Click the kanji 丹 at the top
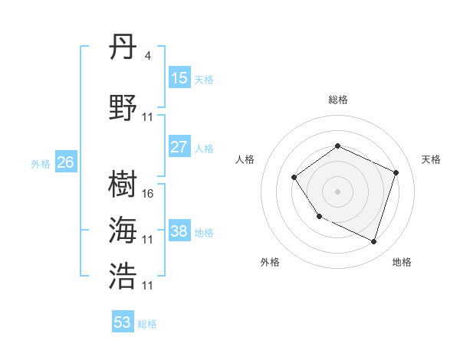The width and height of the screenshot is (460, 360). (x=123, y=48)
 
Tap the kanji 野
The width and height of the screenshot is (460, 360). (x=123, y=107)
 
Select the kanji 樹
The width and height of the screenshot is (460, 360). (x=123, y=184)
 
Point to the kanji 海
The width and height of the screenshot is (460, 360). (x=123, y=230)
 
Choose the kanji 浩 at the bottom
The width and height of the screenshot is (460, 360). (x=123, y=276)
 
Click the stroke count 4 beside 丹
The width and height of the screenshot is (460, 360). (x=147, y=55)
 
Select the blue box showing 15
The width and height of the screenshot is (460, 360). (x=179, y=78)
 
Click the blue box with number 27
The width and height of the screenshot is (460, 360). (x=179, y=147)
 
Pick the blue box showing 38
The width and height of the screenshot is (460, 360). (x=179, y=231)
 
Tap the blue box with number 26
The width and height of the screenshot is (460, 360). (x=66, y=162)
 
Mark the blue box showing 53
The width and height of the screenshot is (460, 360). (x=123, y=322)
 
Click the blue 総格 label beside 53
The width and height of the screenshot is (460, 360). (x=147, y=324)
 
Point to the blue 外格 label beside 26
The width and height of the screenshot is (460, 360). (x=40, y=163)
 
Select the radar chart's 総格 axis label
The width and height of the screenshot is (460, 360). (x=337, y=100)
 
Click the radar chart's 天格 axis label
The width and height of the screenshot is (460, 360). (x=431, y=159)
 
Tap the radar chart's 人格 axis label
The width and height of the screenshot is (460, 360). (x=245, y=159)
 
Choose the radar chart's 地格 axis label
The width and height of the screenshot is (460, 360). (x=402, y=262)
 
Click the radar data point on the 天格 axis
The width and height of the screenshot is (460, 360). (x=396, y=172)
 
